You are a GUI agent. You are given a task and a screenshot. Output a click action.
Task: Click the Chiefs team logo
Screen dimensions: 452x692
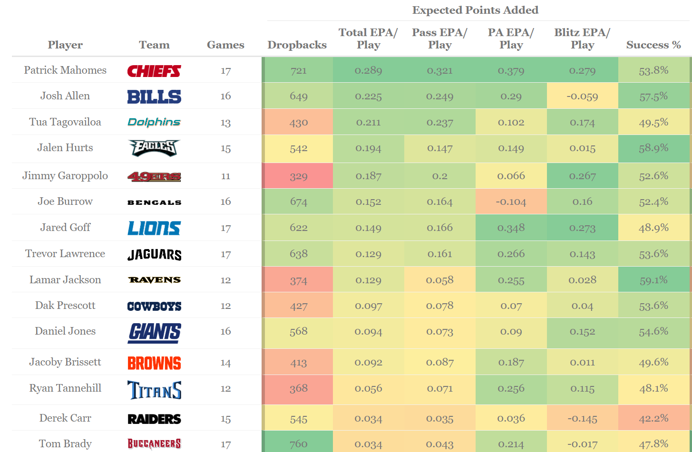tap(154, 71)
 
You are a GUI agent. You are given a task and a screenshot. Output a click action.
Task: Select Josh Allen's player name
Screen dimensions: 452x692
tap(65, 96)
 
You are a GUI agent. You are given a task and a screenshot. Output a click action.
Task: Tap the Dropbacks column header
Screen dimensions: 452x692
tap(297, 45)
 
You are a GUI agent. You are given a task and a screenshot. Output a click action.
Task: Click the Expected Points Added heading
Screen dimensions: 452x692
tap(475, 10)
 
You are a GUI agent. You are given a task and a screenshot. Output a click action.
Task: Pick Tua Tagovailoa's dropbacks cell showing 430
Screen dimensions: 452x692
tap(298, 123)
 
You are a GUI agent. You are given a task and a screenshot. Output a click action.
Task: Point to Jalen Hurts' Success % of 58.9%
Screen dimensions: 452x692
tap(653, 148)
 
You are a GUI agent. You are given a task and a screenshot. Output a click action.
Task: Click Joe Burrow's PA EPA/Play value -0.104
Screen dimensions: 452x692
tap(511, 202)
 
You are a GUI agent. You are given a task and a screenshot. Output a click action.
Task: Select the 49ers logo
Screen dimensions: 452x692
tap(154, 177)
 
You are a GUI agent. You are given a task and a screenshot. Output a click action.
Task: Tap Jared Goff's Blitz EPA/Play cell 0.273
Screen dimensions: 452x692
tap(582, 228)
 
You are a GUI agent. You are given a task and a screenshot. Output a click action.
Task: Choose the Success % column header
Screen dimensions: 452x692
tap(653, 45)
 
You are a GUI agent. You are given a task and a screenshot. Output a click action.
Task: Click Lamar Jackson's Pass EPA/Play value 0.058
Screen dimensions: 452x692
tap(439, 280)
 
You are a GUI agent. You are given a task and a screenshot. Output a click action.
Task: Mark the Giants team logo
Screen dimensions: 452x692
tap(154, 332)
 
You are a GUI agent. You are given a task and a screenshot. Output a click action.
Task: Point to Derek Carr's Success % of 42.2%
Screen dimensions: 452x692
tap(653, 419)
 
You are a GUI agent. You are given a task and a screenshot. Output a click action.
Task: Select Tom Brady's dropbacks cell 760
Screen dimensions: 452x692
tap(298, 444)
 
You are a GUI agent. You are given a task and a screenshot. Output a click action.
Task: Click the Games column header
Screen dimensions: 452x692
tap(225, 45)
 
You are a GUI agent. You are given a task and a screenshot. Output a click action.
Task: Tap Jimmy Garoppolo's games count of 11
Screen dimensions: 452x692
tap(225, 176)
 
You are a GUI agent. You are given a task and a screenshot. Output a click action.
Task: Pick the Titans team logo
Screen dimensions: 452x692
tap(154, 390)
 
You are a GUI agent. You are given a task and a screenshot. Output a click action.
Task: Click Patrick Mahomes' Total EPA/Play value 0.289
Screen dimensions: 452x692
tap(368, 71)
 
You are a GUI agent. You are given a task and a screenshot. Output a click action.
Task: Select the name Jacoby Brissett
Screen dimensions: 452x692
tap(65, 362)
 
